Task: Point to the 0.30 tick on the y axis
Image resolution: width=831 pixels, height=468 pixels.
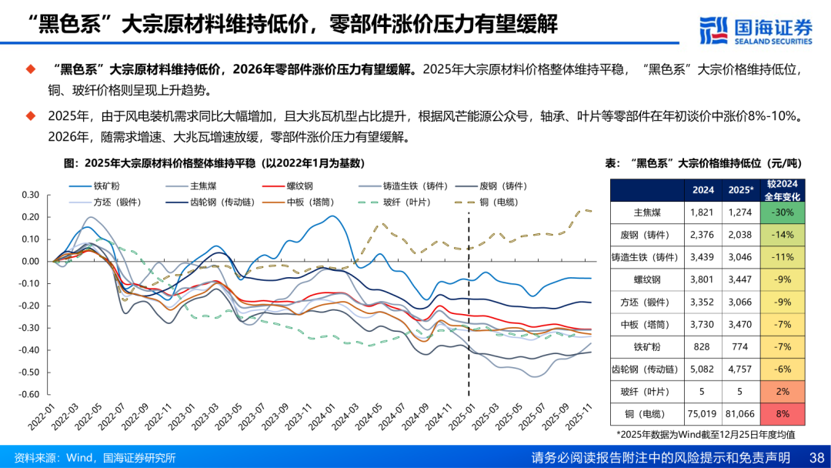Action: pyautogui.click(x=30, y=195)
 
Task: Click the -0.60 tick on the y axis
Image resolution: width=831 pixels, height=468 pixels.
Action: pyautogui.click(x=30, y=395)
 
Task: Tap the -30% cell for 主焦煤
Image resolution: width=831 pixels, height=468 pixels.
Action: pyautogui.click(x=783, y=212)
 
